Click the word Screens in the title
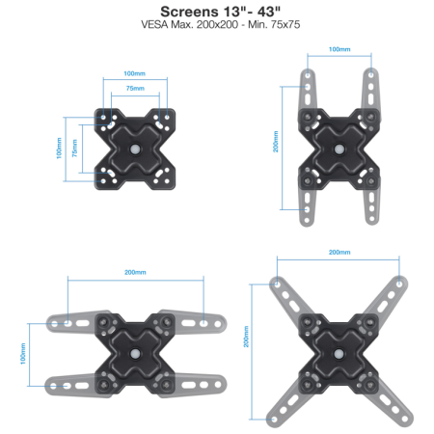pos(189,12)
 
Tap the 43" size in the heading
pos(269,12)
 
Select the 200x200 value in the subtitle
pos(217,24)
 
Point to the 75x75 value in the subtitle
pos(285,24)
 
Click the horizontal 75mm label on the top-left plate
pos(135,88)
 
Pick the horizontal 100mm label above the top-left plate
pos(134,73)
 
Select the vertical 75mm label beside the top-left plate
pos(74,149)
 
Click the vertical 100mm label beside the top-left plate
pos(59,149)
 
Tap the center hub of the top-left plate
pos(135,149)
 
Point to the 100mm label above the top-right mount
pos(339,49)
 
